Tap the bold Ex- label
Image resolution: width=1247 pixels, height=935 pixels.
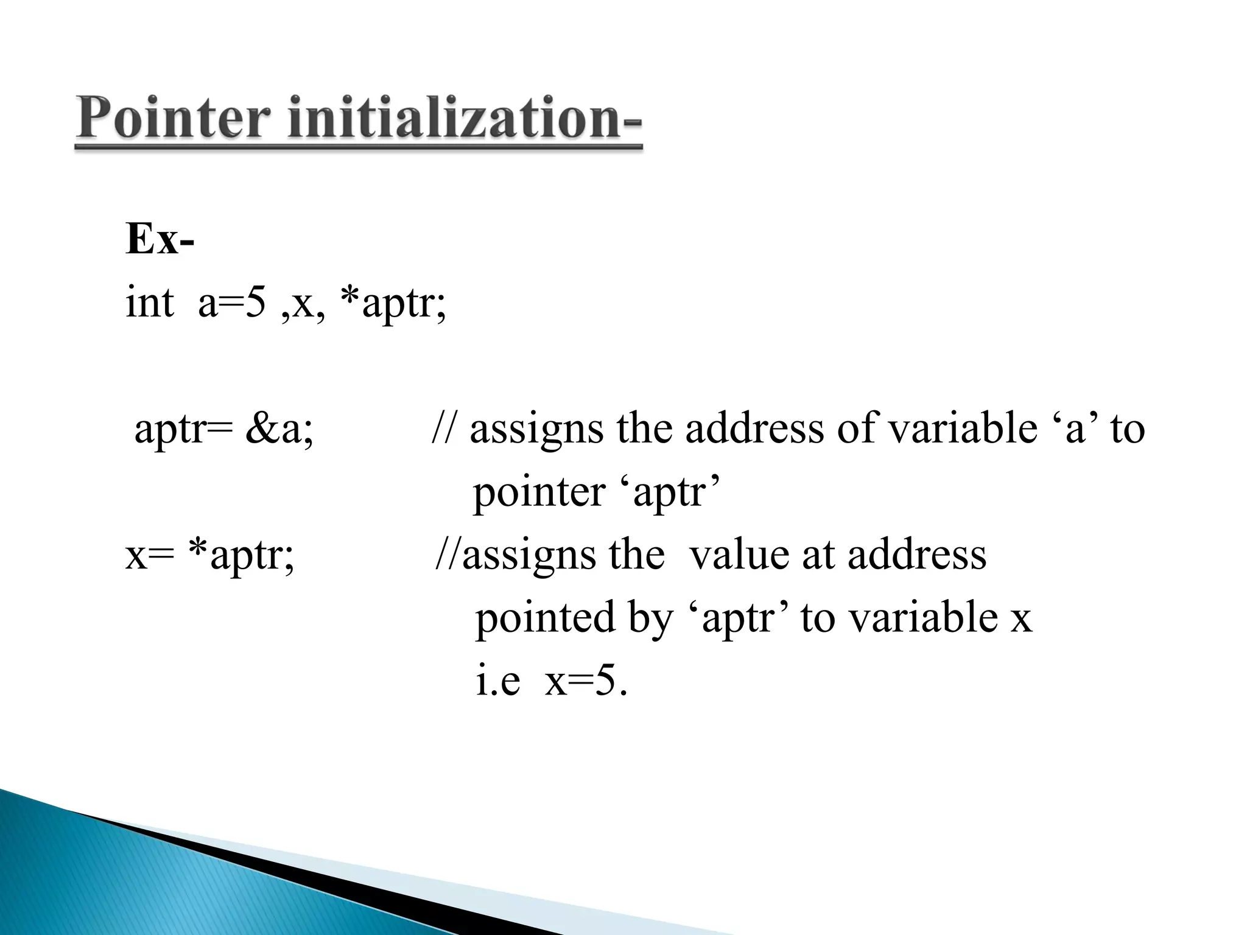click(x=160, y=239)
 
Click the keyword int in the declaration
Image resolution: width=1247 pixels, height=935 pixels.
click(x=149, y=303)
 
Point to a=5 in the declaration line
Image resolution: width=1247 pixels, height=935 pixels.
click(x=232, y=303)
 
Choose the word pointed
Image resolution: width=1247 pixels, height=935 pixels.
click(x=544, y=618)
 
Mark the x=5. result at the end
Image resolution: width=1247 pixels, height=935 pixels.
click(x=586, y=682)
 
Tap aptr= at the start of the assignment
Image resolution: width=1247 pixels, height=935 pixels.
click(x=183, y=430)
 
